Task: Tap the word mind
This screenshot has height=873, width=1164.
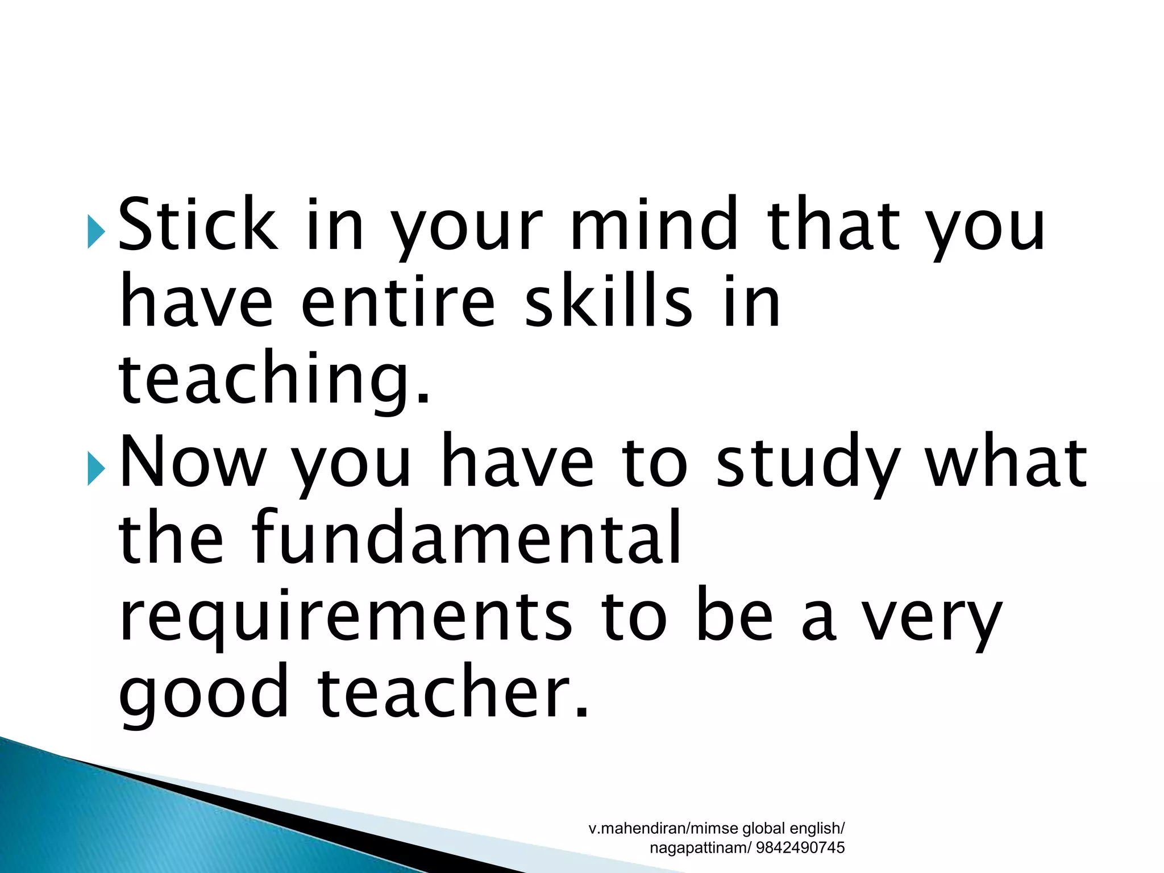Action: pyautogui.click(x=654, y=224)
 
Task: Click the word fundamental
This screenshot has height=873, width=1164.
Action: pyautogui.click(x=467, y=538)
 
